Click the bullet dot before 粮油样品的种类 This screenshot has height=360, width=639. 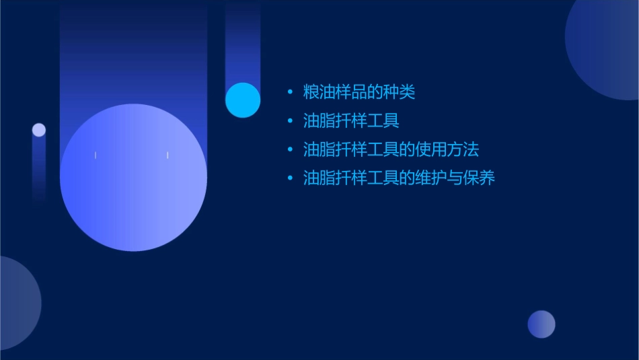[290, 92]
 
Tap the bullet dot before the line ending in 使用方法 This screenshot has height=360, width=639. [290, 149]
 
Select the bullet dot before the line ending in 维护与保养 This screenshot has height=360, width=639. [290, 178]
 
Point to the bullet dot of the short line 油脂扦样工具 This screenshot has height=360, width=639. [290, 121]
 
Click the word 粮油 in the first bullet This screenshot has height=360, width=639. [318, 92]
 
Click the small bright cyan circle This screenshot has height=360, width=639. [243, 100]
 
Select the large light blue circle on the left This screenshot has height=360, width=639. [133, 178]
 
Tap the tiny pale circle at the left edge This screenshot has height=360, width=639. [39, 130]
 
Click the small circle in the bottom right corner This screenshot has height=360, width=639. [541, 324]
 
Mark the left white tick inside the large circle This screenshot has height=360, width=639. [96, 155]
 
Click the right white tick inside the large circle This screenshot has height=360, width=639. [167, 155]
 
